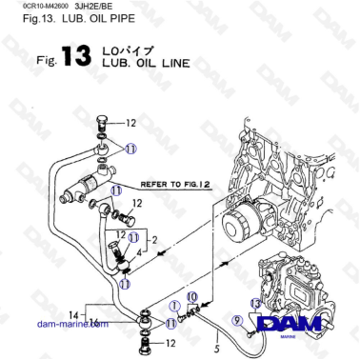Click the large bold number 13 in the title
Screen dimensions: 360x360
tap(76, 57)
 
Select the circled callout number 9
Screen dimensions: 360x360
tap(237, 321)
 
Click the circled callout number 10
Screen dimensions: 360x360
tap(191, 299)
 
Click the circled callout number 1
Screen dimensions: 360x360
tap(175, 307)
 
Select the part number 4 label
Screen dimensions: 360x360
tap(138, 253)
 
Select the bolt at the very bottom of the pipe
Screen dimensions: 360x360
tap(145, 341)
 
